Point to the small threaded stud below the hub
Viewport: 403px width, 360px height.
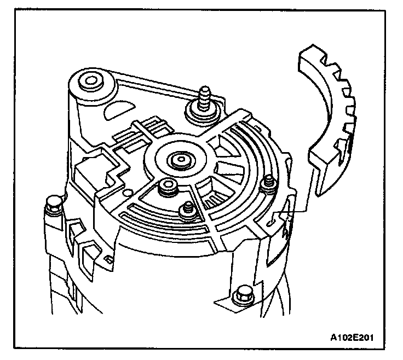coord(188,207)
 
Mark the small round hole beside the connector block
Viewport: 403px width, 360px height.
coord(126,193)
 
